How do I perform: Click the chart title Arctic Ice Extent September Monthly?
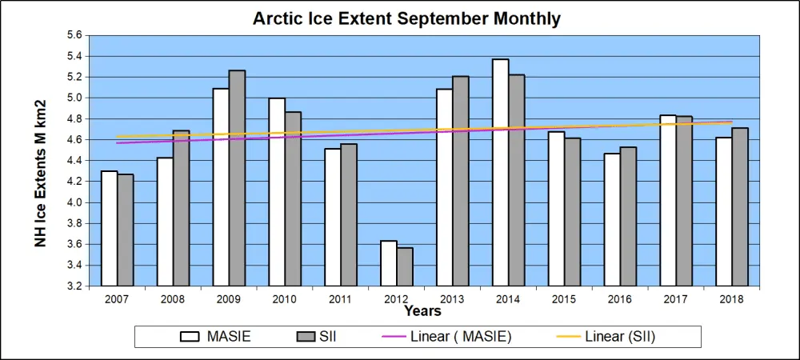click(406, 18)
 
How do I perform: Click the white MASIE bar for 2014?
click(500, 172)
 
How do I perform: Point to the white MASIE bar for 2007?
click(109, 228)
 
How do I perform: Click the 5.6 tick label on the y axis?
click(74, 35)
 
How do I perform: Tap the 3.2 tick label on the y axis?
click(74, 286)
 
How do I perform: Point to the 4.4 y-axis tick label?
click(74, 160)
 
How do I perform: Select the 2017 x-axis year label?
click(676, 298)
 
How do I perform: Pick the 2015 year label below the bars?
click(564, 298)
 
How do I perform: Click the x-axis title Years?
click(422, 310)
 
